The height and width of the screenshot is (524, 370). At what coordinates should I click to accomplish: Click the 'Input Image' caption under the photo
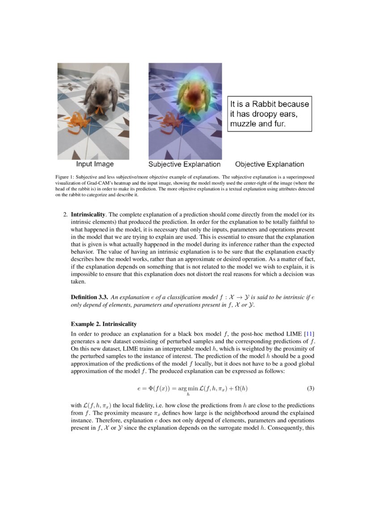pos(95,164)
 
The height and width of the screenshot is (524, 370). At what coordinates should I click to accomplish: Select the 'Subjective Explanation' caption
pos(184,164)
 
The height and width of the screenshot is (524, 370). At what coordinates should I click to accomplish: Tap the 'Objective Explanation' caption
pos(269,164)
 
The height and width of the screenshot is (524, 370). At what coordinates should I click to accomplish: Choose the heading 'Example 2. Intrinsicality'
pos(104,324)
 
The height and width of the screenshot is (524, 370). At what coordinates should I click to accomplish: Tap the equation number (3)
pos(310,387)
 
